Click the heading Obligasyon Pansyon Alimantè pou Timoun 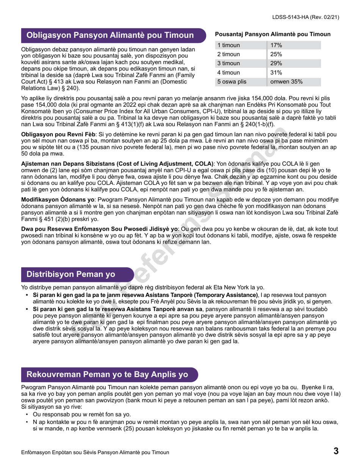pos(110,36)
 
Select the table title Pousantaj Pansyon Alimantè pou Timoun pos(273,34)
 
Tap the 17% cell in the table pos(276,45)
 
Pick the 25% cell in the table pos(276,54)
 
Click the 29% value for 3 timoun pos(276,63)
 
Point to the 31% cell pos(276,72)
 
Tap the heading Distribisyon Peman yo pos(71,274)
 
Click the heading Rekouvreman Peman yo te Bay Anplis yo pos(107,375)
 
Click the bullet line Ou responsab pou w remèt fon pos(81,414)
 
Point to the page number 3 pos(335,451)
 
